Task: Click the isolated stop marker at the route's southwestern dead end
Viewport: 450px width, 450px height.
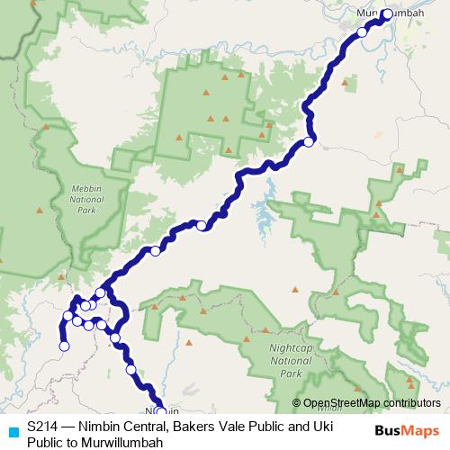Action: (x=64, y=346)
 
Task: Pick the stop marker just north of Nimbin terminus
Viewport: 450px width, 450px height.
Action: (x=131, y=370)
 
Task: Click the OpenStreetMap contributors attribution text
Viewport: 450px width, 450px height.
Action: (x=372, y=402)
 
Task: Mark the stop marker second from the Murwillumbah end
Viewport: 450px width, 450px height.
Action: (x=363, y=31)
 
